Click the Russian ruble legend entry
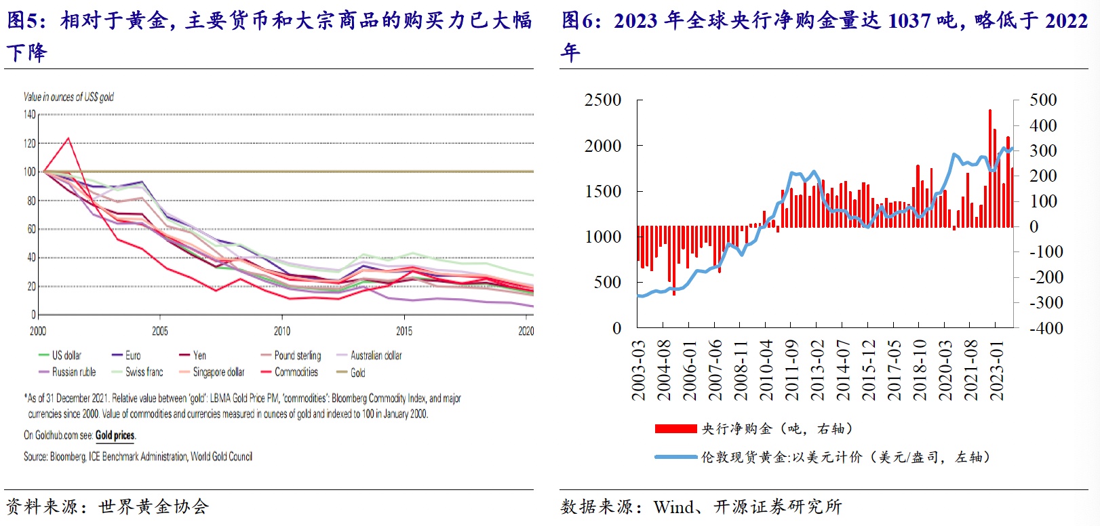pos(73,372)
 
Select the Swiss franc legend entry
pos(144,372)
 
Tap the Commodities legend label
pos(296,372)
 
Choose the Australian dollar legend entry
pos(376,355)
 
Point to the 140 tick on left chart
pos(30,115)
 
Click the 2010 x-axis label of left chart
pos(282,331)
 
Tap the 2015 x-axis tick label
pos(404,331)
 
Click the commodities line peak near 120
pos(68,139)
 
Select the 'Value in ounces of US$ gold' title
pos(68,97)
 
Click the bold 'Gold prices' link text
pos(115,435)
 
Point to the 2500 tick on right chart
pos(603,100)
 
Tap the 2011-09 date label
pos(791,370)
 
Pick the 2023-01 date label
pos(996,370)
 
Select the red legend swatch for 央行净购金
pos(675,428)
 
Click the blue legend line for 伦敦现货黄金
pos(675,457)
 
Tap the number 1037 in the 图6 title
pos(909,21)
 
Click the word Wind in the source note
pos(673,507)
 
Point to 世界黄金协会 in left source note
pos(153,507)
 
